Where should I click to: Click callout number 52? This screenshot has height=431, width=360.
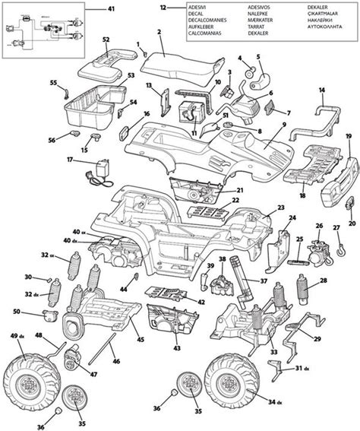[106, 39]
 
